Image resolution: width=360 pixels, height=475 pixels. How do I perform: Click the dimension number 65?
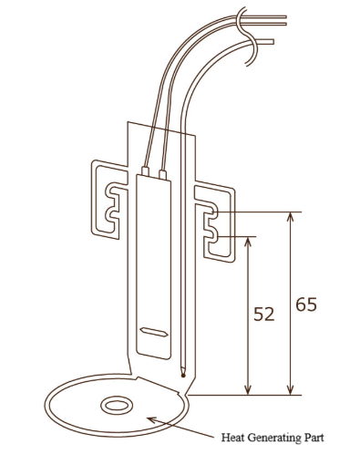pos(306,305)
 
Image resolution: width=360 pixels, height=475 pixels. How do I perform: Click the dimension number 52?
pos(264,315)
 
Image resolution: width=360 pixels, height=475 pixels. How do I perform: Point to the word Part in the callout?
pos(314,438)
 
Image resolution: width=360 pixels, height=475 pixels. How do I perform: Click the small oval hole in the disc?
pos(117,406)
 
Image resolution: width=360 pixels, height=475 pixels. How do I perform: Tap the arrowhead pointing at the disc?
pos(152,419)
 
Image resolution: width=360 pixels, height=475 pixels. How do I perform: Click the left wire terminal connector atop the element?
pos(145,171)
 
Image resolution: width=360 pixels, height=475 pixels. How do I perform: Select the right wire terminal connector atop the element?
pos(163,174)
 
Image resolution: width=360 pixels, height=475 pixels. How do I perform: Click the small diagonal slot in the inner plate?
pos(154,332)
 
